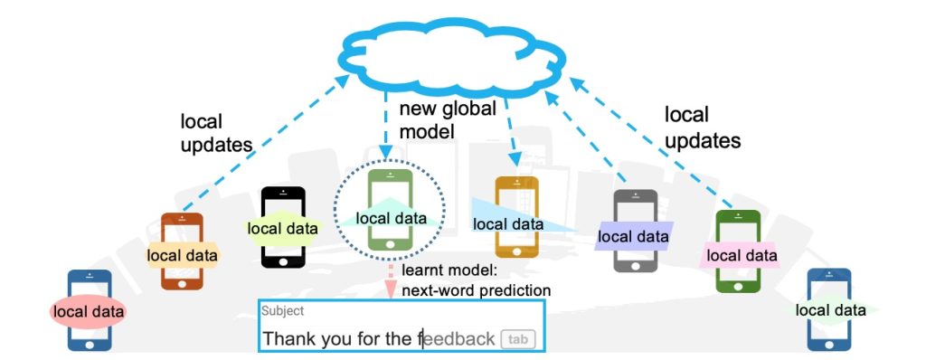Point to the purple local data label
point(633,236)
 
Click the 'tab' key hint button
point(517,339)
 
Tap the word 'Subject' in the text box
point(283,310)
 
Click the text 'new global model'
point(448,120)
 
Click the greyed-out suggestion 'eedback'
point(460,339)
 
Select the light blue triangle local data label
point(506,223)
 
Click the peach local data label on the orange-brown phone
point(183,256)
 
